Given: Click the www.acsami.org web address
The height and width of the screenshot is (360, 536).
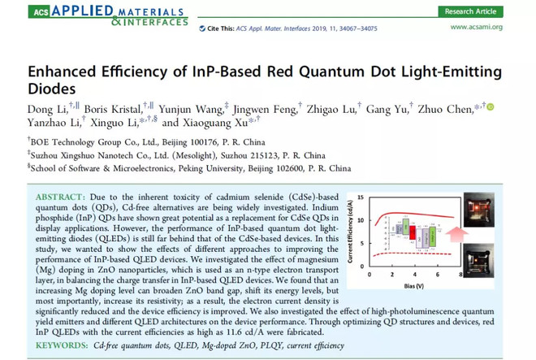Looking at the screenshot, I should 474,27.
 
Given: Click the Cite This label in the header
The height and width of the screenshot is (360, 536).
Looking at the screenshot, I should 221,28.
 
